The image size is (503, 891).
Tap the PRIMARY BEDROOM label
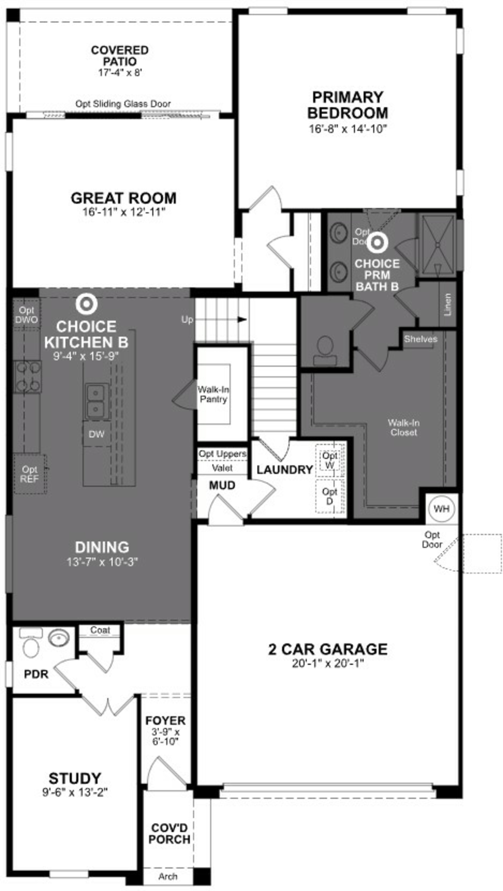click(x=348, y=105)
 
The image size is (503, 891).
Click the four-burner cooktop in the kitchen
click(x=27, y=376)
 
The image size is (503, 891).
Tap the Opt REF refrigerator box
click(x=30, y=474)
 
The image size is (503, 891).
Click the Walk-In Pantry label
click(x=213, y=394)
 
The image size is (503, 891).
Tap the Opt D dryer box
click(x=330, y=496)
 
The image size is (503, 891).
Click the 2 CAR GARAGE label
click(x=328, y=649)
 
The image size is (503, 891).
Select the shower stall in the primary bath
click(x=437, y=245)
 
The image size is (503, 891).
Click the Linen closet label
click(x=448, y=305)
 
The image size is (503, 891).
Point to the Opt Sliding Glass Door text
click(x=123, y=104)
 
